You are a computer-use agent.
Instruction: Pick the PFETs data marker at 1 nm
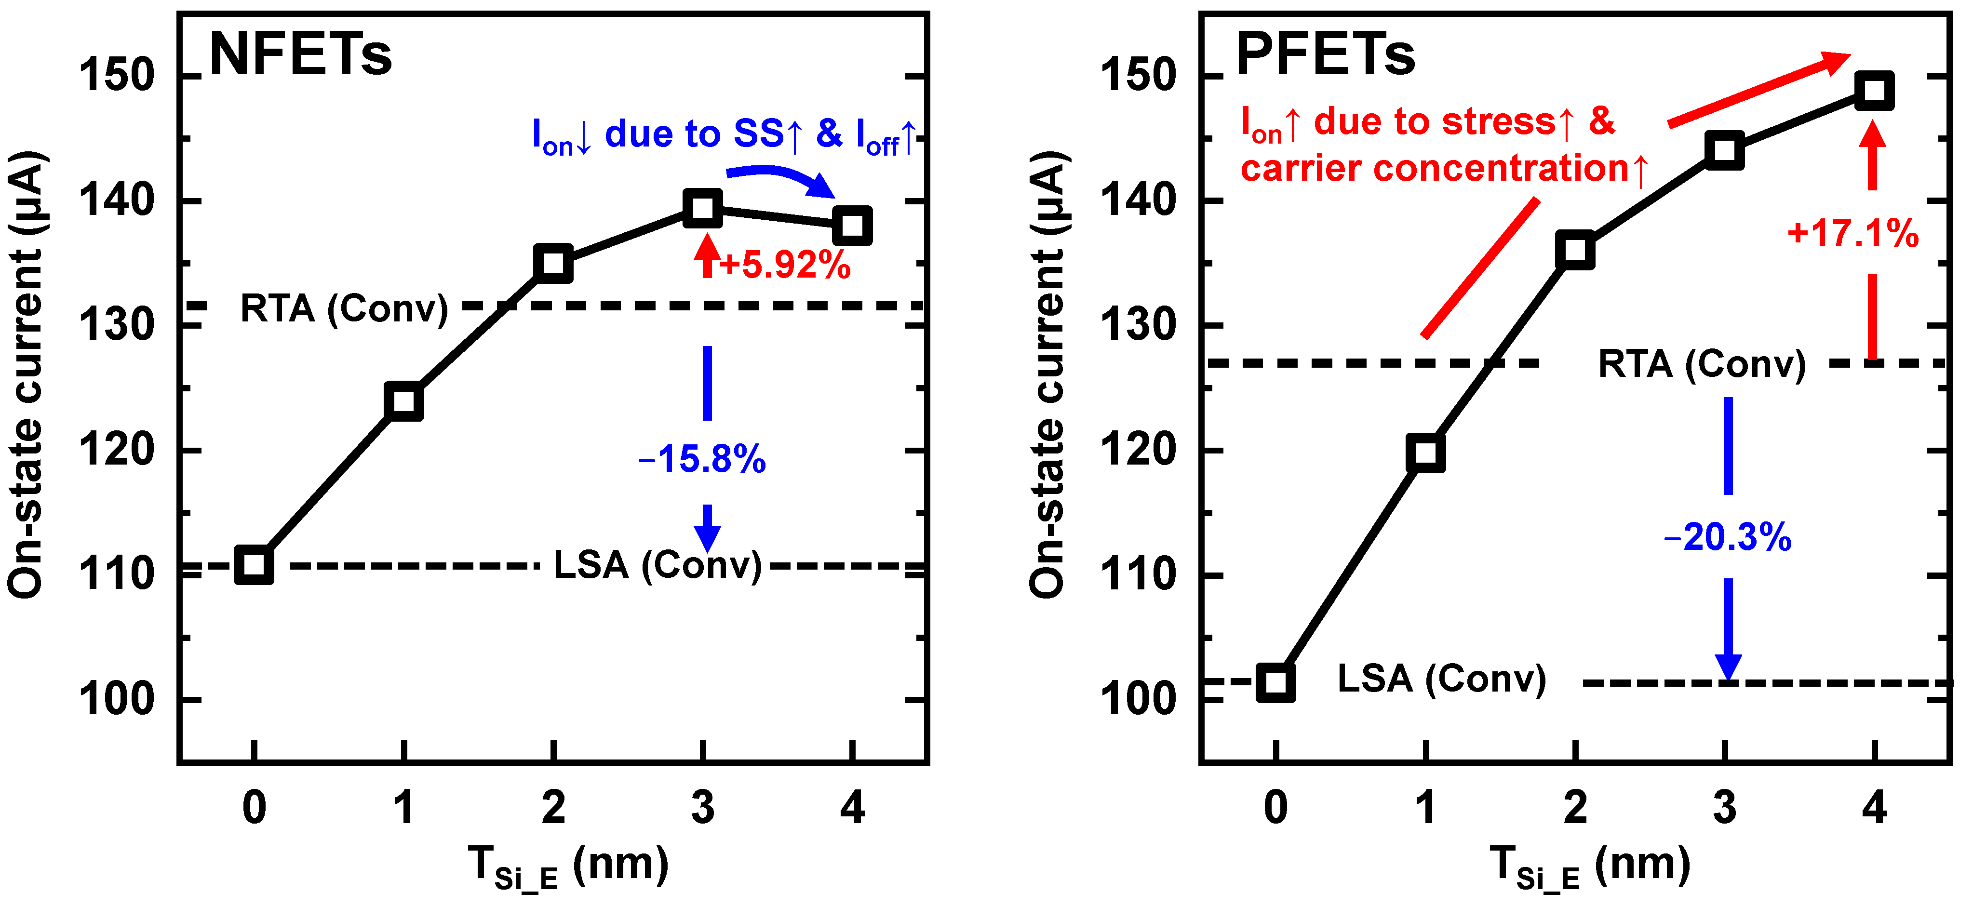1425,453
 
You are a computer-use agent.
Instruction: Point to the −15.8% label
701,460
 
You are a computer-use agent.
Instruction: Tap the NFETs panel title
300,55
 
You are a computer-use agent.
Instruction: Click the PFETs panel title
1325,55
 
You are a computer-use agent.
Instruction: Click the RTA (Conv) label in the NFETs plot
344,308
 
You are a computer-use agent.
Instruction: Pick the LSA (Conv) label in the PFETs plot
1441,679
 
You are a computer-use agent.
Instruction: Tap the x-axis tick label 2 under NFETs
553,808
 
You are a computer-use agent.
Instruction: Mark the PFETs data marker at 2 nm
1575,251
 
